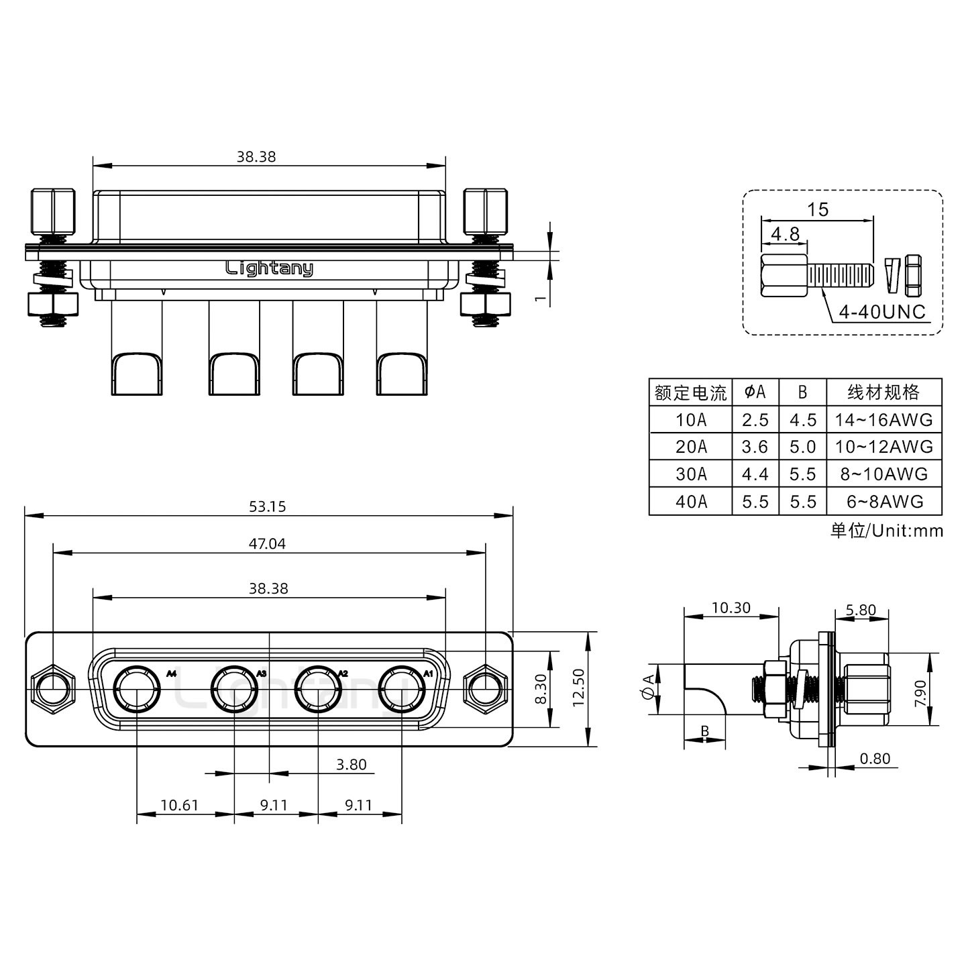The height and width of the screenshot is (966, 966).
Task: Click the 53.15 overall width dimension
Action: (267, 506)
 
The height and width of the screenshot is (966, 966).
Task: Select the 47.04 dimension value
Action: (267, 543)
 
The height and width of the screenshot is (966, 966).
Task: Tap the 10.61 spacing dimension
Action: (179, 804)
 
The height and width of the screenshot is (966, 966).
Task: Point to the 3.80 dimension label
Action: (351, 765)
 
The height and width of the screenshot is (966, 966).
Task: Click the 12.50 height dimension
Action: (579, 689)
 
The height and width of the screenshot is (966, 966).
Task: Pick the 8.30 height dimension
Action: (541, 689)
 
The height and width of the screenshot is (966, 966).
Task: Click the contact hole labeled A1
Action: (401, 689)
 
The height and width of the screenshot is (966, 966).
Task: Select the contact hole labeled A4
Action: (137, 689)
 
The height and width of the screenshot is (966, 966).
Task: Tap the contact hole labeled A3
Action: (234, 689)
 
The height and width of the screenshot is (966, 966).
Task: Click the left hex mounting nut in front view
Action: (52, 689)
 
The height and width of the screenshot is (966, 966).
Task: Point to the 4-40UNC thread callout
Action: (882, 312)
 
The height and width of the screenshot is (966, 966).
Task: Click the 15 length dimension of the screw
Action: (817, 209)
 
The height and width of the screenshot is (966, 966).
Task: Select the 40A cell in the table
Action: (691, 502)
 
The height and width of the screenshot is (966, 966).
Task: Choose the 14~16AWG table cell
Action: (883, 420)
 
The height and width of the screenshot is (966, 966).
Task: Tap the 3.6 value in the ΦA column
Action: (755, 447)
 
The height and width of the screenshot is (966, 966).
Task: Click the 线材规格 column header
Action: (883, 392)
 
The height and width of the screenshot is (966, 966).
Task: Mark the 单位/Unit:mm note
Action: (886, 531)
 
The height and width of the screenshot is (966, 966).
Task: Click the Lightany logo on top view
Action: (269, 268)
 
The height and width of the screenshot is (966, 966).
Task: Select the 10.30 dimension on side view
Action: (731, 608)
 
